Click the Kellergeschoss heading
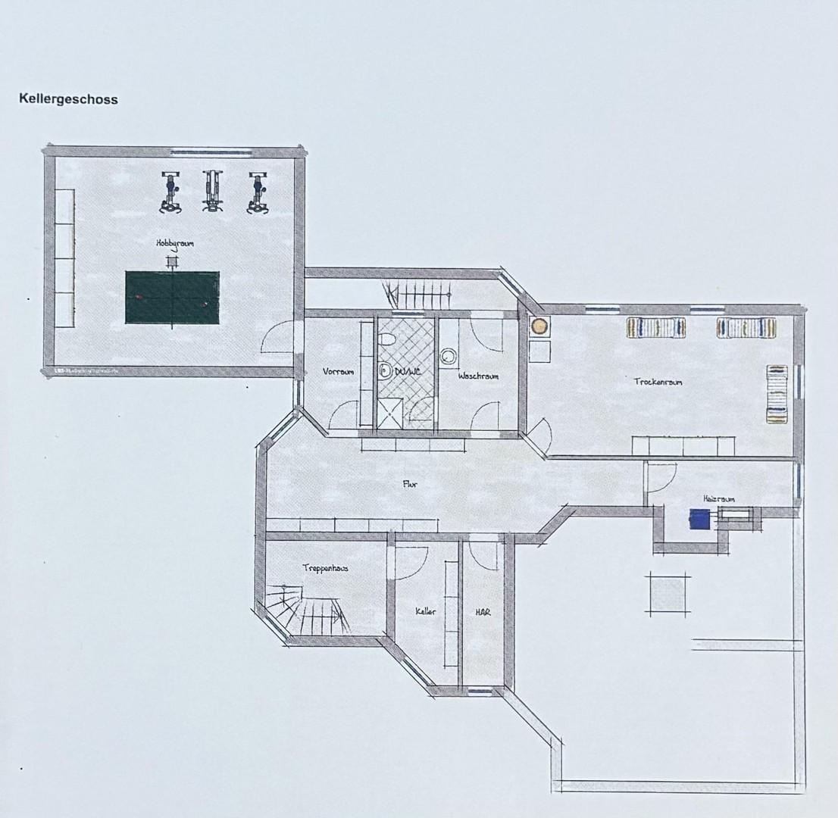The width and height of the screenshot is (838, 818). coord(68,99)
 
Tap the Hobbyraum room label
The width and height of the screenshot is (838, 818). coord(175,244)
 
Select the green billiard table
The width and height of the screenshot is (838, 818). coord(172,298)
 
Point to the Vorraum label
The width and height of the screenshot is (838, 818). coord(338,372)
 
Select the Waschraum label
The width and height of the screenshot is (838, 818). coord(477,376)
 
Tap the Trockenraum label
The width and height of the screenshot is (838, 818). coord(658,382)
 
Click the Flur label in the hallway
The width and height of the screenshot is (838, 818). coord(411,484)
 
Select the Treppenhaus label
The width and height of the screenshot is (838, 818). coord(325,567)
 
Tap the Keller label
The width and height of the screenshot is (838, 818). coord(425,611)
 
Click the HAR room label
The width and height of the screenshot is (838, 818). coord(483,611)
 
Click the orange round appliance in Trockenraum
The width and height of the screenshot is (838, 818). coord(539,326)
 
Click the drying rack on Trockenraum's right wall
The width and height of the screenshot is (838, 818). coord(777,394)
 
